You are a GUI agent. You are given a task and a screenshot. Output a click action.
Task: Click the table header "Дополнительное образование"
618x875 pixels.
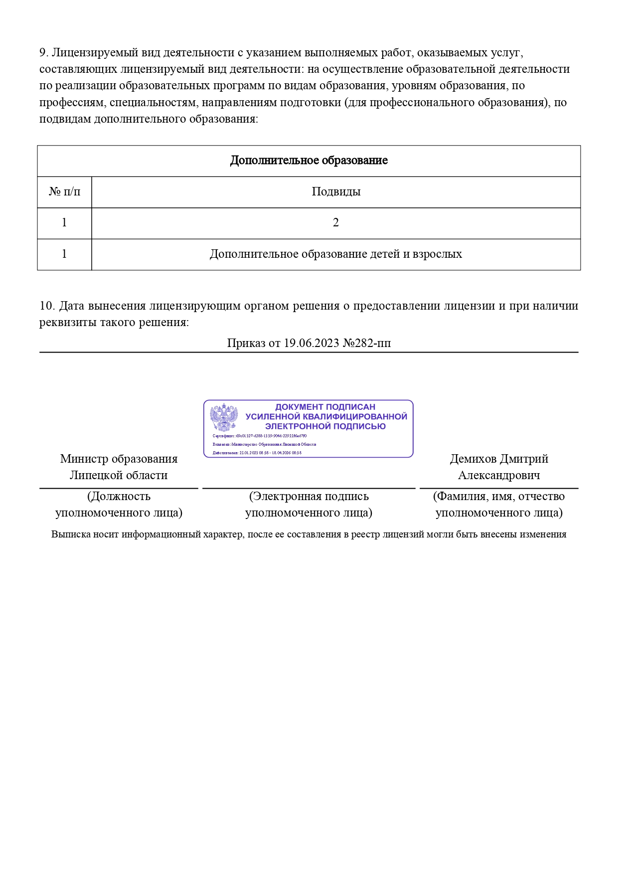(x=309, y=161)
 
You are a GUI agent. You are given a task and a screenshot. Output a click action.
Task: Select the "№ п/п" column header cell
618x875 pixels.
(x=64, y=192)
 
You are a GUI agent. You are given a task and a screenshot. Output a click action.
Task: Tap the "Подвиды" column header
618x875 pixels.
(x=336, y=192)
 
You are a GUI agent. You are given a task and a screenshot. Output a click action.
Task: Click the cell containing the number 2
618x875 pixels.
(x=336, y=223)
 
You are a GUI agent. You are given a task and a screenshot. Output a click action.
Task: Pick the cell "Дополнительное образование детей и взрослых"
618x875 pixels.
(x=336, y=254)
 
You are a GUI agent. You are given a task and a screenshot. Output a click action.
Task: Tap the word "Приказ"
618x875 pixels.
(x=247, y=343)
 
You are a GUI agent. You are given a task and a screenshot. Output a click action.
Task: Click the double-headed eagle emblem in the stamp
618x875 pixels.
(x=224, y=417)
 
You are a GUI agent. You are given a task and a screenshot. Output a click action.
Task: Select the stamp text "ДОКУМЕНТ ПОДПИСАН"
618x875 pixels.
(x=325, y=407)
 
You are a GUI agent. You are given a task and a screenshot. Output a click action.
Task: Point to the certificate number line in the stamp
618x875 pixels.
(x=259, y=436)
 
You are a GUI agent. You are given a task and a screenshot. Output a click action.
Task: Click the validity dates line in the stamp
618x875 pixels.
(x=257, y=453)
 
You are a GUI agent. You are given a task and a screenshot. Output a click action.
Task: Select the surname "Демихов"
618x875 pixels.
(x=472, y=459)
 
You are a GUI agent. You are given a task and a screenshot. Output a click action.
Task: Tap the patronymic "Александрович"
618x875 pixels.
(x=499, y=475)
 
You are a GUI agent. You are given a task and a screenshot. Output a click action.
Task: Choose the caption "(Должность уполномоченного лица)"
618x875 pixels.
(x=119, y=505)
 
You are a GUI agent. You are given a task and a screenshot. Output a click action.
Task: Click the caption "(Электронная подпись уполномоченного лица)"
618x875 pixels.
(x=309, y=505)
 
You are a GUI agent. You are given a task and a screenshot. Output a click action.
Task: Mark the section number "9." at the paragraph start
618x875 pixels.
(x=44, y=53)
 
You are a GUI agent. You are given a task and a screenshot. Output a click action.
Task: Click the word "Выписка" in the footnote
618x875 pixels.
(x=70, y=534)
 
